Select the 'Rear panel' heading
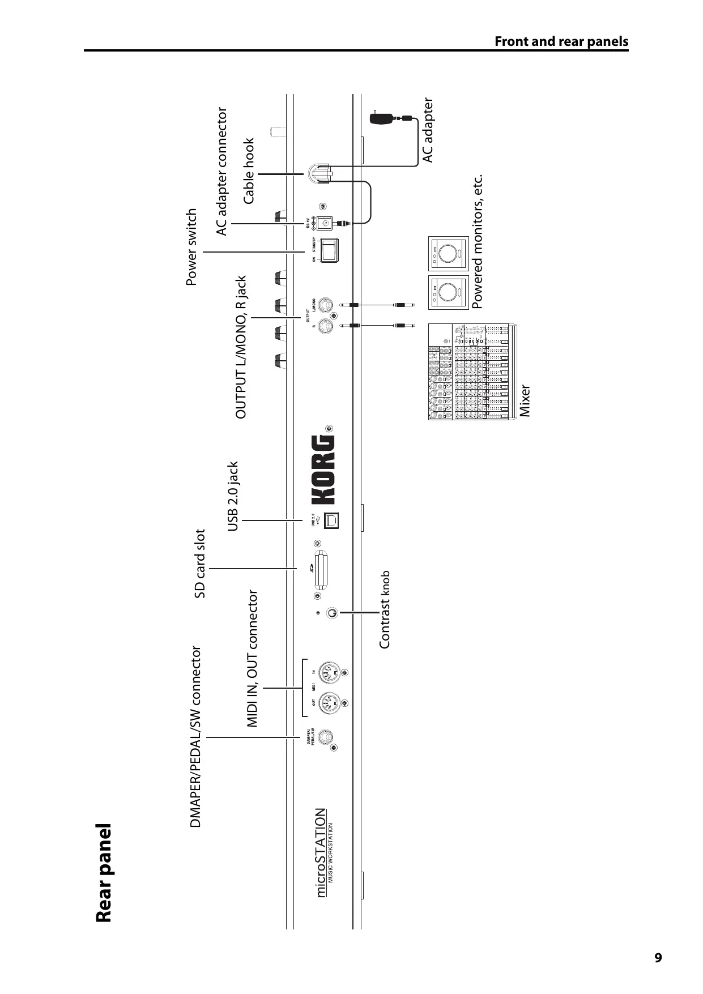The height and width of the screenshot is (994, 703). (104, 873)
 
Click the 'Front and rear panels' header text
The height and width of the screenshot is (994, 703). (561, 41)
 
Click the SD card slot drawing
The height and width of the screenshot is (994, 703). (322, 568)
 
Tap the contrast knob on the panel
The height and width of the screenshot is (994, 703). (333, 612)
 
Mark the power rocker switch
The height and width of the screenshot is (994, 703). (329, 249)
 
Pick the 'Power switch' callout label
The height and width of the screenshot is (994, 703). (192, 247)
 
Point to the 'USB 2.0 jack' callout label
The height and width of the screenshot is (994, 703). (233, 496)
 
